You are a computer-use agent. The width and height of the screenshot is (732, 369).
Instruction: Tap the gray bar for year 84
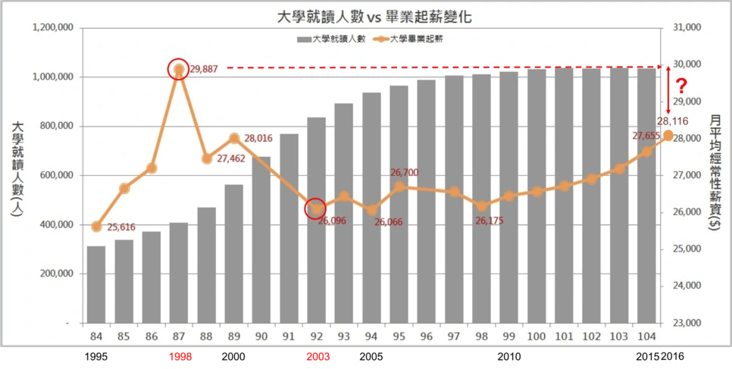tap(96, 284)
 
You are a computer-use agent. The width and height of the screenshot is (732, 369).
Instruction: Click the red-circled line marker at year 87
tap(179, 70)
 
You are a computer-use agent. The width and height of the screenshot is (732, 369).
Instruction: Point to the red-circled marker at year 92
tap(316, 208)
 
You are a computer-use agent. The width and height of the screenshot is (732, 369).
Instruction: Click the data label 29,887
tap(204, 69)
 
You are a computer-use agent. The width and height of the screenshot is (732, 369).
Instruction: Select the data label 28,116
tap(672, 120)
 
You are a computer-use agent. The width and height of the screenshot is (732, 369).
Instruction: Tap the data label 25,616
tap(121, 227)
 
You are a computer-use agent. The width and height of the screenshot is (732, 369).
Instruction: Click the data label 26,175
tap(490, 220)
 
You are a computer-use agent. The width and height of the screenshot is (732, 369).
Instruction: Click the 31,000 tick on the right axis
tap(687, 28)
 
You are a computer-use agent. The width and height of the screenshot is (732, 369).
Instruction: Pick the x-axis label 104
tap(646, 336)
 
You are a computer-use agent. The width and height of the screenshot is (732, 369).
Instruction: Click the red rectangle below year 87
tap(181, 357)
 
